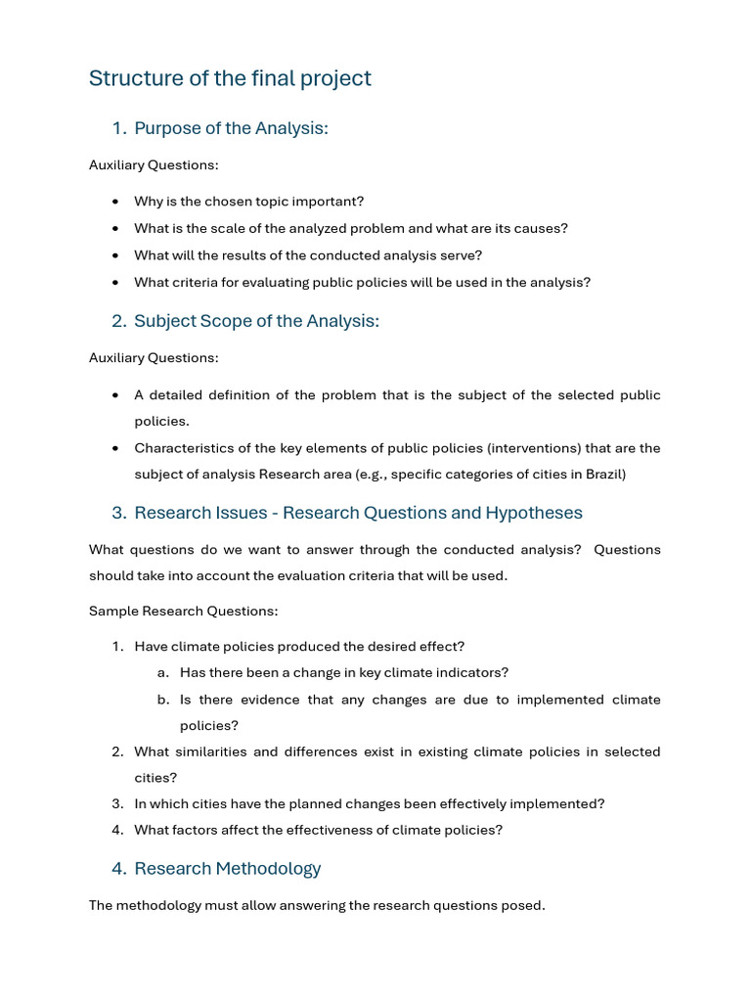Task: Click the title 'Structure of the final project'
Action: (230, 78)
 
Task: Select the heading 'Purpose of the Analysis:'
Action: (231, 128)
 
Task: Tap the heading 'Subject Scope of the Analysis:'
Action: (256, 321)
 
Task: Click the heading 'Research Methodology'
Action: (227, 868)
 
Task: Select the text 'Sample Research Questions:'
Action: (183, 612)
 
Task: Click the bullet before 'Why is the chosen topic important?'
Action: (116, 202)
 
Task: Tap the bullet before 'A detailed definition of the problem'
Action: (116, 396)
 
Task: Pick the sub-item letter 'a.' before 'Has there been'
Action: (162, 673)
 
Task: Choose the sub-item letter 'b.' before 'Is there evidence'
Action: (162, 700)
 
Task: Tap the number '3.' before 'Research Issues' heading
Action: (119, 513)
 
